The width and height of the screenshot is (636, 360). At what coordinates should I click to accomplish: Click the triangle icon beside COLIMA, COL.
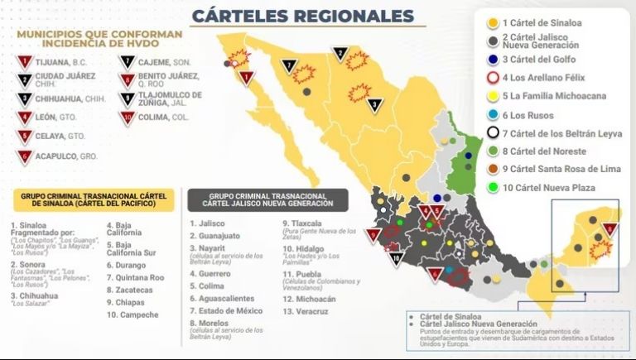tap(128, 118)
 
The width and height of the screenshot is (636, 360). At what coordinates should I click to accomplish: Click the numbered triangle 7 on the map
tap(289, 65)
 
